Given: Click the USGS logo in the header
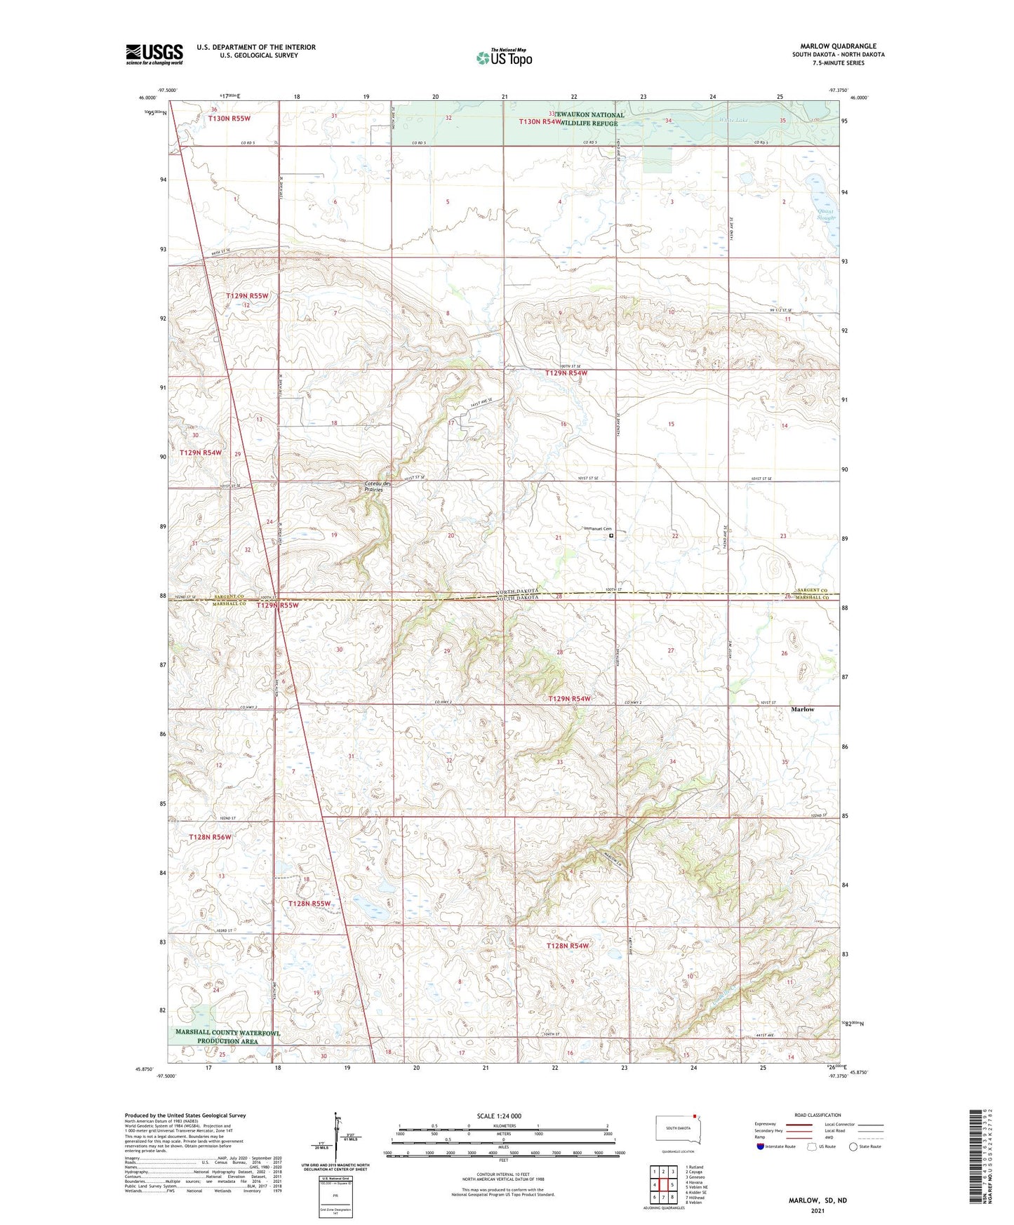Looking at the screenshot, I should coord(154,54).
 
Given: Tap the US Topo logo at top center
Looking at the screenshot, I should coord(504,58).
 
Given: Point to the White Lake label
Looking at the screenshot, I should coord(733,120).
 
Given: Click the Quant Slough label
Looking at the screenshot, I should coord(826,215).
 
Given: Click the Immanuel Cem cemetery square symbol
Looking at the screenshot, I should coord(611,535).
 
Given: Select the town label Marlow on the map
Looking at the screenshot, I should coord(802,709).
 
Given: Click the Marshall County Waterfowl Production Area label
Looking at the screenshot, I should coord(227,1037).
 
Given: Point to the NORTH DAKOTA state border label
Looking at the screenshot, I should coord(517,591).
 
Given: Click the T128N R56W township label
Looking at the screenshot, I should coord(210,837).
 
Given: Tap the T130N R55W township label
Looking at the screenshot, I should coord(229,119).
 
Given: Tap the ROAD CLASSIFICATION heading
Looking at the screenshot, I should coord(818,1115).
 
